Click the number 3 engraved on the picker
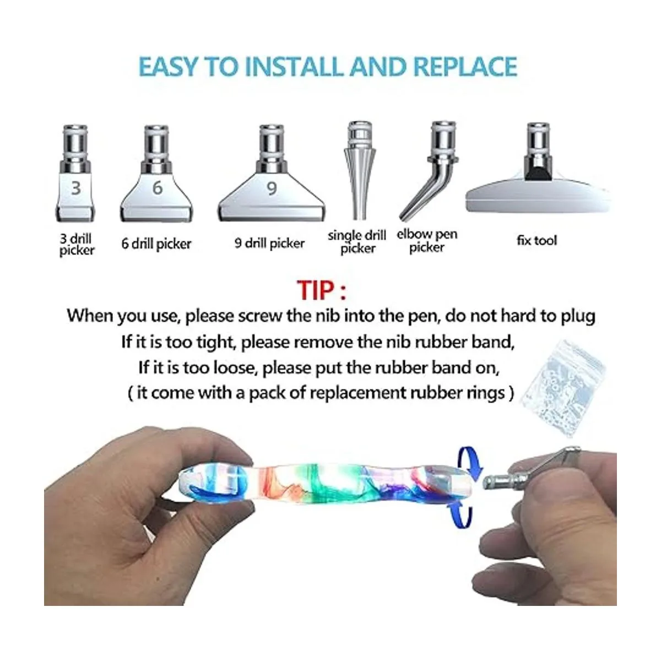[76, 188]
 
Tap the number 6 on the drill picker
[157, 188]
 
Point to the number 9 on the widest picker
[272, 188]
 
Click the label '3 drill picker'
[77, 244]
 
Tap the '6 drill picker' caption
[156, 244]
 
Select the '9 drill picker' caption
[269, 243]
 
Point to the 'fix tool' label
[537, 240]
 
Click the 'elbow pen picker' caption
[427, 241]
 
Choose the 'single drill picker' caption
[357, 242]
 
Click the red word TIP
[315, 290]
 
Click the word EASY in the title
[169, 67]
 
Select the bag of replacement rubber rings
[564, 388]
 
